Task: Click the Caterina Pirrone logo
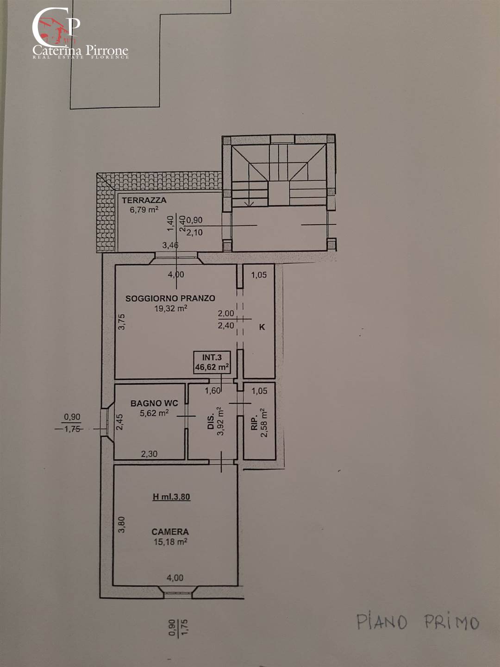coord(80,33)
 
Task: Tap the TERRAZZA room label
coord(144,200)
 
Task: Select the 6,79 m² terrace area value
coord(144,209)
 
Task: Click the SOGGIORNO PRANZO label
coord(170,298)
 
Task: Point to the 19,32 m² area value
coord(170,308)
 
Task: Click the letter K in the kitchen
coord(262,327)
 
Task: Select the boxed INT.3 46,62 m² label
coord(212,362)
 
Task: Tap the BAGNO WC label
coord(154,403)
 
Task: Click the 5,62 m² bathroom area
coord(154,413)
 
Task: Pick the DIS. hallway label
coord(211,421)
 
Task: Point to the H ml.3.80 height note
coord(171,497)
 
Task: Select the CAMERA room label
coord(170,532)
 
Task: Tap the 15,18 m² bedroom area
coord(170,541)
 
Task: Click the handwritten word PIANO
coord(381,622)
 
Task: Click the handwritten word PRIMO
coord(452,622)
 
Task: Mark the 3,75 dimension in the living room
coord(122,321)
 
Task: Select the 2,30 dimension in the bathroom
coord(149,454)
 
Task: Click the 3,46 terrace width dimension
coord(170,245)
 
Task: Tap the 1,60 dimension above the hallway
coord(212,390)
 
